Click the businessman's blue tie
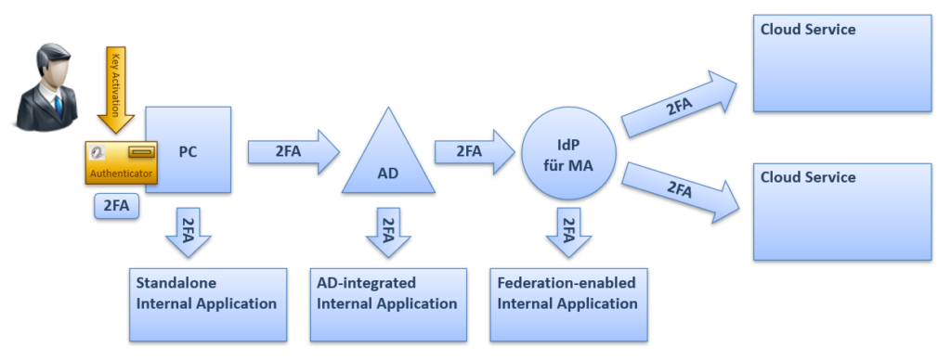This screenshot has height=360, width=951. coord(58,105)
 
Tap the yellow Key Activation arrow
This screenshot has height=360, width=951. coord(115,88)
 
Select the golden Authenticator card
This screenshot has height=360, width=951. coord(122,162)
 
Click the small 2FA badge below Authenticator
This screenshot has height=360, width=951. coord(116,206)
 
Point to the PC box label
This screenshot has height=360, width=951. coord(188,151)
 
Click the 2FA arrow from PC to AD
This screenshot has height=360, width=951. coord(293,151)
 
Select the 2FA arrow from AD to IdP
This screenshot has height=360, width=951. coord(475,151)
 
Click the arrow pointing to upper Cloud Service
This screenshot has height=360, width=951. coord(680,104)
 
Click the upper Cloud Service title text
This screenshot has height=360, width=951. coord(808,29)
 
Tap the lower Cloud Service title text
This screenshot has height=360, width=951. coord(808,177)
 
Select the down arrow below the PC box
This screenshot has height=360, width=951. coord(188,233)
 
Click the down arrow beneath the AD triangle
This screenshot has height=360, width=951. coord(388,233)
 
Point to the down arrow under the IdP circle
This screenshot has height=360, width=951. coord(568,233)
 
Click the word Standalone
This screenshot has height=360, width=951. coord(176,283)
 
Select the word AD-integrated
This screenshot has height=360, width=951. coord(366,283)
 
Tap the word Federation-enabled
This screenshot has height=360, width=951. coord(567,283)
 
